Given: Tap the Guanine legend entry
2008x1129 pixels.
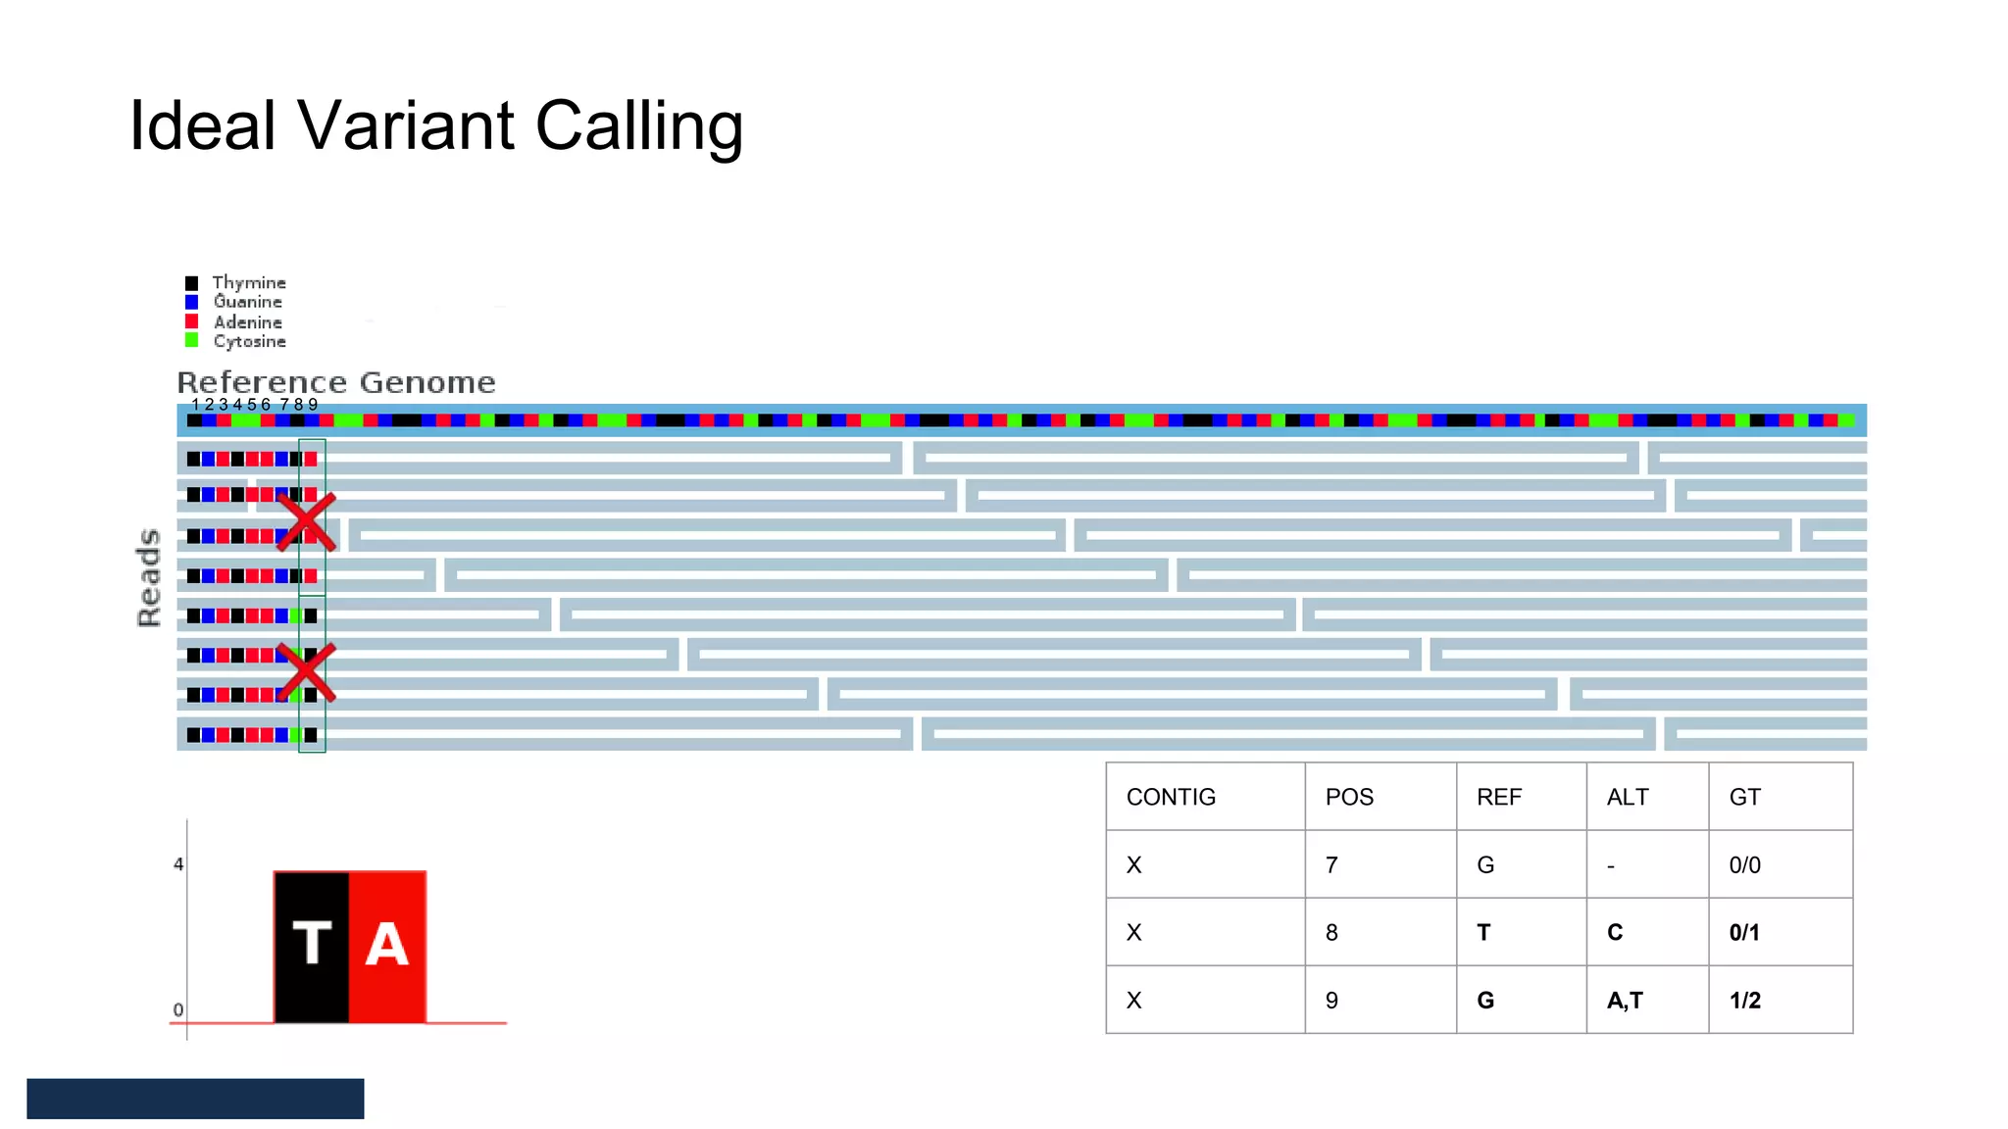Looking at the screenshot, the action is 248,302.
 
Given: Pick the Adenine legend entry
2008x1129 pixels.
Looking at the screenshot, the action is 248,321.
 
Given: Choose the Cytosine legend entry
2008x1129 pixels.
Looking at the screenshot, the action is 250,341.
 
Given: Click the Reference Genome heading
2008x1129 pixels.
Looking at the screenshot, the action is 336,382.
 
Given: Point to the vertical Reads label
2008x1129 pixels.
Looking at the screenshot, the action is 148,577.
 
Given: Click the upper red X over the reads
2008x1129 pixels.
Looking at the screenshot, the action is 307,521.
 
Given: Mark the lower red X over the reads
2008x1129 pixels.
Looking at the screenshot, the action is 307,672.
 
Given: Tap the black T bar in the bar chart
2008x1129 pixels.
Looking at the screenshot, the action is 312,946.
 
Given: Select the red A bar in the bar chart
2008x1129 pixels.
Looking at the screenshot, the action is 387,946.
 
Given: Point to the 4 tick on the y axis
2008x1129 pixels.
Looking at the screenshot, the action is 178,864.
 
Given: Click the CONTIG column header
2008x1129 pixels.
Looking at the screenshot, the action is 1171,797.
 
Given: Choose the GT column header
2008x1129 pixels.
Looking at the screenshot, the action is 1745,797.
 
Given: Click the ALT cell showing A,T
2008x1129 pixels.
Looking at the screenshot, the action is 1625,1000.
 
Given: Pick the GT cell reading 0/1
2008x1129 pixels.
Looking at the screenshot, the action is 1745,932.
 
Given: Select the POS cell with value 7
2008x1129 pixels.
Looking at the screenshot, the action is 1331,864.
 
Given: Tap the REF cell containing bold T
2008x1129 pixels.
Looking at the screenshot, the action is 1483,932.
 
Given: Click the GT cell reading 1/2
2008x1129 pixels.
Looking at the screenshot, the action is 1745,1000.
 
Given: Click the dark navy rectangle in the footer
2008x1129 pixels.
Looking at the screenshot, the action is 195,1099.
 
